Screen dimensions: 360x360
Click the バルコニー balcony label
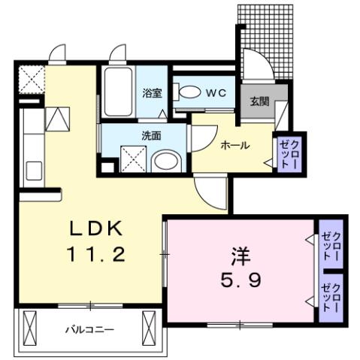89,328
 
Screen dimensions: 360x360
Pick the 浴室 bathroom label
153,93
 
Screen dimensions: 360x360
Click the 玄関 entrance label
260,101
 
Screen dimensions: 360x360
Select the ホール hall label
234,146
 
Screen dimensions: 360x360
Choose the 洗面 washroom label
152,137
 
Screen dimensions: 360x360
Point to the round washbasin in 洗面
165,162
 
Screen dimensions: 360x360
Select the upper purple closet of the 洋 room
330,246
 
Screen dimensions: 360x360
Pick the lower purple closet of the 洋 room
330,297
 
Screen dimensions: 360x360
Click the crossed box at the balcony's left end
32,328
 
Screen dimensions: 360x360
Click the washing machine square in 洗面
132,159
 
